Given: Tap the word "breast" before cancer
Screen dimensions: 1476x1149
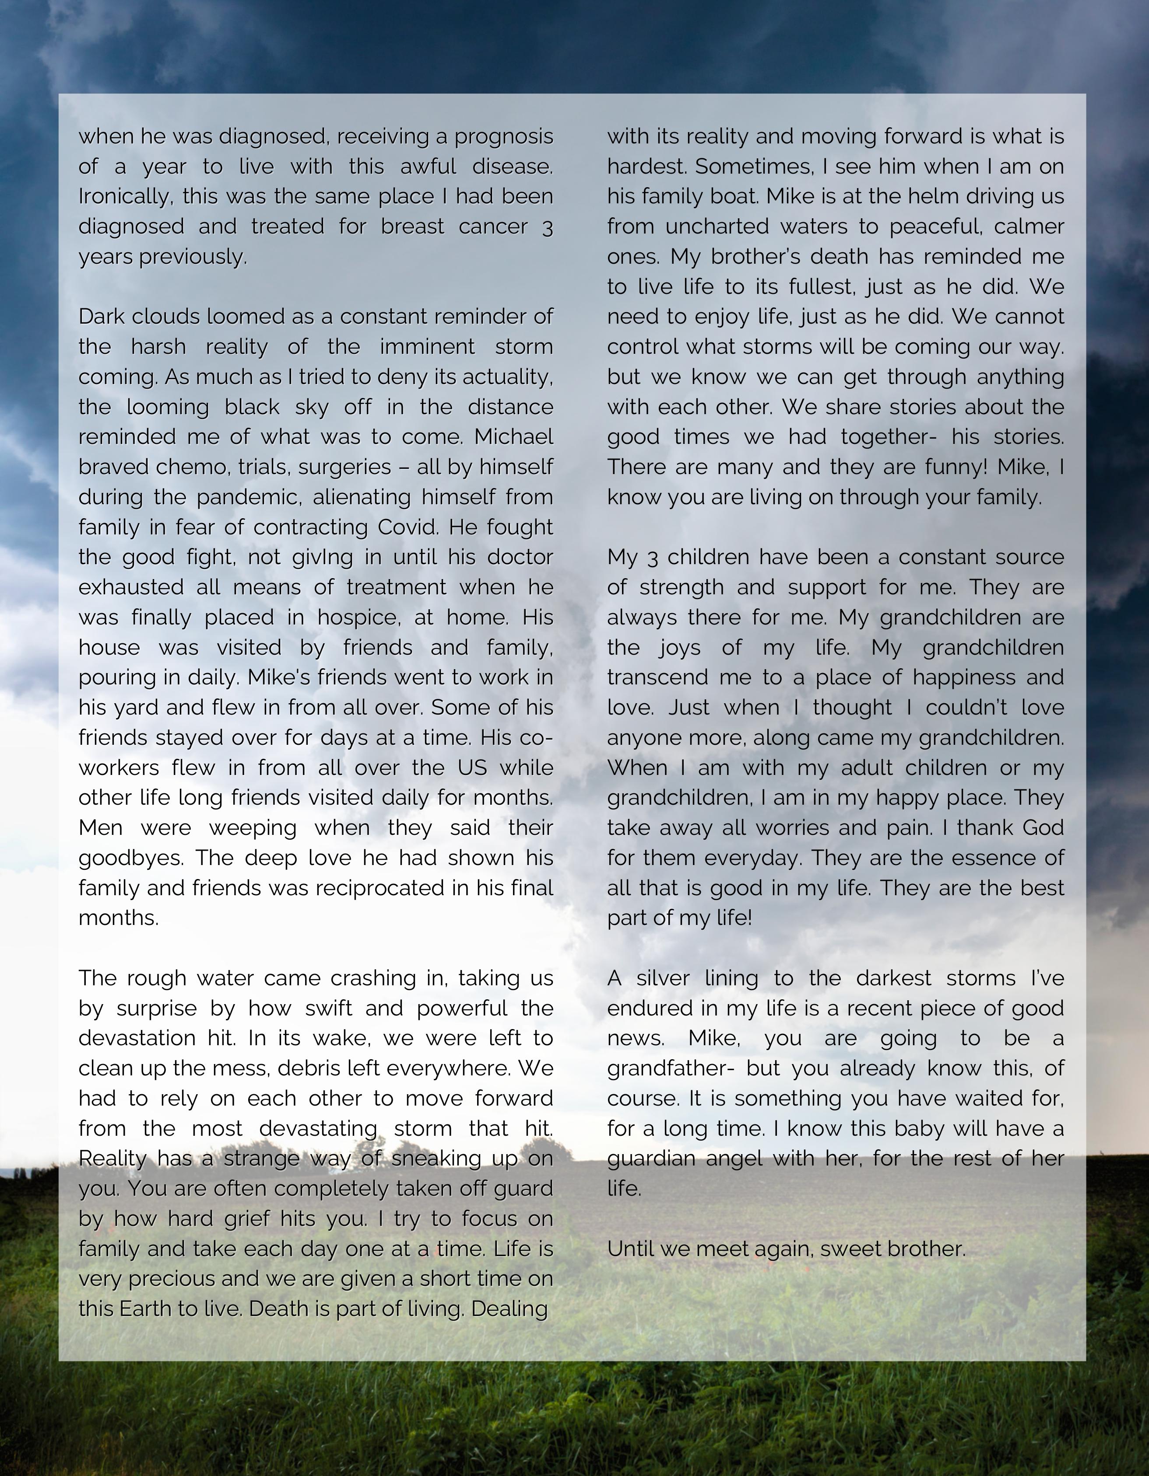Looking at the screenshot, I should point(412,227).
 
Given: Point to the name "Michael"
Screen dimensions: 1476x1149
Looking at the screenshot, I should point(513,436).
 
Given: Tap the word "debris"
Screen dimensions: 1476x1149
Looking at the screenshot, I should point(310,1068).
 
